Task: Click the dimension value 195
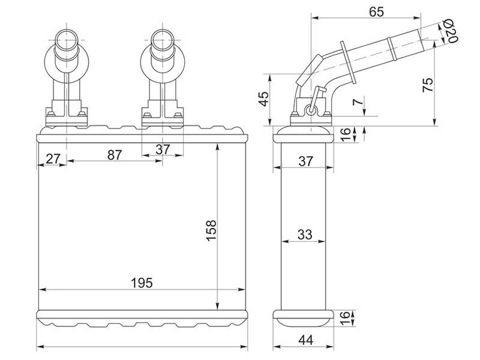[142, 283]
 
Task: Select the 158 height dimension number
[211, 230]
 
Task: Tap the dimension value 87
[115, 155]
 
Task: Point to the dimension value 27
[53, 159]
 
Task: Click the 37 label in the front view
[163, 149]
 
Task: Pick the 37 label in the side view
[306, 161]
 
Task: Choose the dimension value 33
[305, 235]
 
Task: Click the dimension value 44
[306, 340]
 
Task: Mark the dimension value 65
[376, 11]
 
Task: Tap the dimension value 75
[428, 85]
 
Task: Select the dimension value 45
[263, 98]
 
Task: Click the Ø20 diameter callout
[450, 31]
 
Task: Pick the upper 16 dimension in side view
[345, 134]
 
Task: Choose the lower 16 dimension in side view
[344, 318]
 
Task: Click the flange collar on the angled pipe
[348, 62]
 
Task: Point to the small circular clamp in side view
[311, 110]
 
